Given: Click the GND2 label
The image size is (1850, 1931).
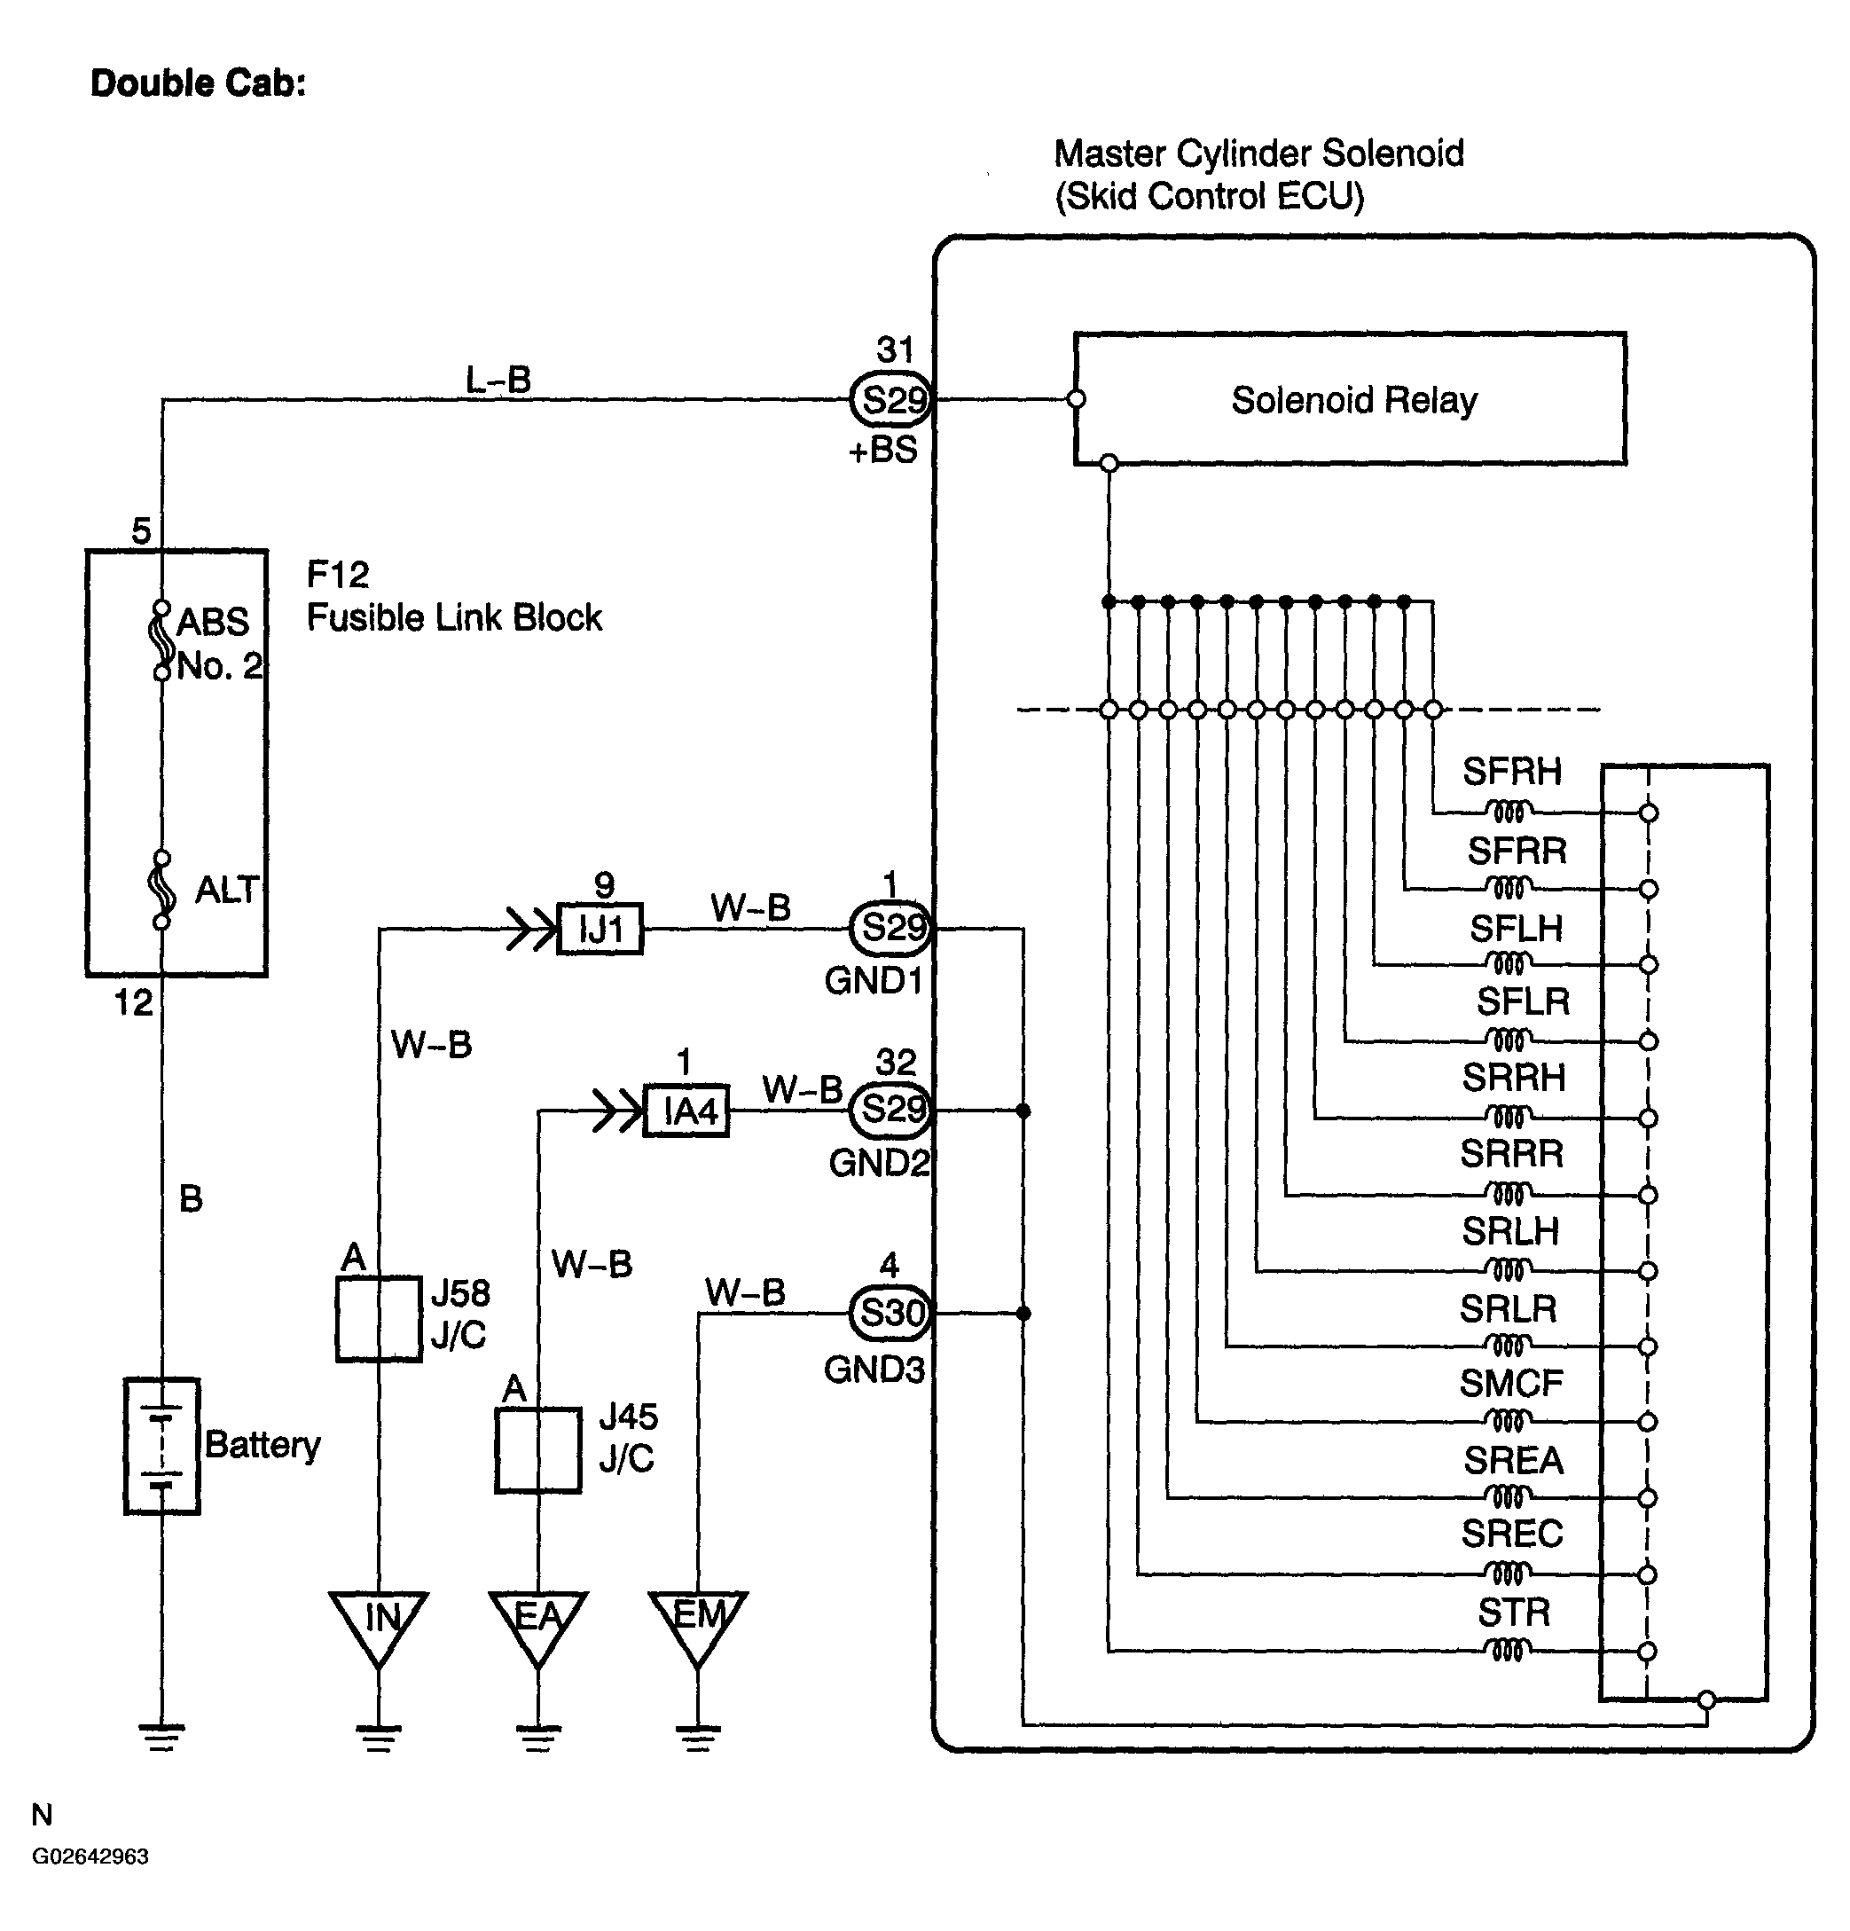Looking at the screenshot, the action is coord(879,1164).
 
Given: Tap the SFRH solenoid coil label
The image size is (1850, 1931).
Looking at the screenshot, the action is coord(1511,772).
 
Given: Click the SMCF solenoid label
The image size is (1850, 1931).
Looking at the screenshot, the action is coord(1511,1383).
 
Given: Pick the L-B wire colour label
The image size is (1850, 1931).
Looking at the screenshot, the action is coord(498,380).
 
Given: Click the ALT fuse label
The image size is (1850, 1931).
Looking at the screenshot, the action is coord(226,890).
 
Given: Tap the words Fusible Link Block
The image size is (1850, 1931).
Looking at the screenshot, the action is coord(454,617).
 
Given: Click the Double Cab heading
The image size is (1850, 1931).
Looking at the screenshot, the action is coord(198,82).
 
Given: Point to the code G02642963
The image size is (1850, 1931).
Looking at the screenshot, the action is coord(90,1856).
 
